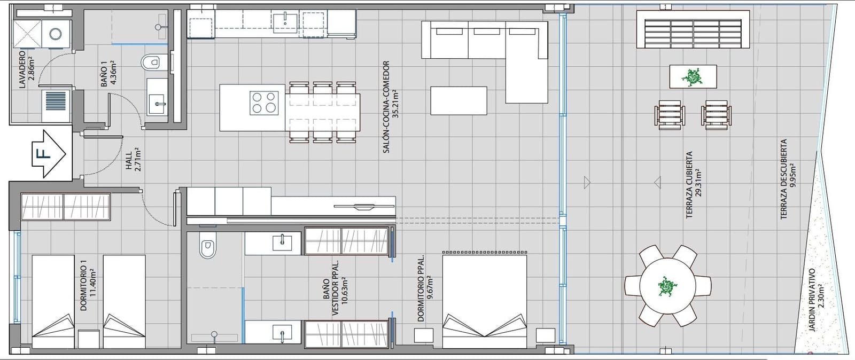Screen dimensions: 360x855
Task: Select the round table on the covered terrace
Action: [667, 286]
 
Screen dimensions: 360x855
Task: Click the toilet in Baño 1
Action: [152, 62]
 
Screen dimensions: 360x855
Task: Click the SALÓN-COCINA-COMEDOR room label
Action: [386, 107]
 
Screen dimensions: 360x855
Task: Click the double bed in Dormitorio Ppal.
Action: [485, 302]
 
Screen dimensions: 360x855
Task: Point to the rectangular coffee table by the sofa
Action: [458, 100]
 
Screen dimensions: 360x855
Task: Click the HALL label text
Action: [129, 159]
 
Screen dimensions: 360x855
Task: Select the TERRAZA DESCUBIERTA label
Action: [784, 179]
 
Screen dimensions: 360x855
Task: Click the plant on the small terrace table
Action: [693, 76]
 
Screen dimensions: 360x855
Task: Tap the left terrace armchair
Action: [669, 114]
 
